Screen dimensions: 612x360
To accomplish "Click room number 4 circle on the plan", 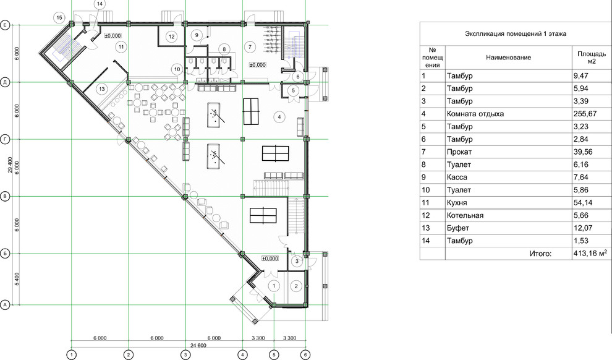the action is point(279,116).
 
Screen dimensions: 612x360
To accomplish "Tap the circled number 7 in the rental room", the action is point(250,47).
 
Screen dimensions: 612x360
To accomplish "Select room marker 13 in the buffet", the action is point(102,89).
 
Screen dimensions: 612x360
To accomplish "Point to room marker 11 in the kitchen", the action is point(121,47).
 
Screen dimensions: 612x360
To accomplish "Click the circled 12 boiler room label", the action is point(172,36).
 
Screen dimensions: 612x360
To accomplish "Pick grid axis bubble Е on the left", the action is point(5,25).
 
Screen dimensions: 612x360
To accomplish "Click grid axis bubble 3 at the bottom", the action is point(185,354).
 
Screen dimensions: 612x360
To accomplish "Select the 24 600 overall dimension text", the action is point(198,345).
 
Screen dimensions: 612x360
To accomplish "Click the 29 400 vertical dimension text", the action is point(10,165).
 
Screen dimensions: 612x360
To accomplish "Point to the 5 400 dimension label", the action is point(17,279).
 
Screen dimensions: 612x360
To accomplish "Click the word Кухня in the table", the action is point(457,203).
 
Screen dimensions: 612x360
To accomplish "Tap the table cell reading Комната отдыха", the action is point(475,114).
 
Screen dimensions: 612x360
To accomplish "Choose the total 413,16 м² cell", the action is point(590,254).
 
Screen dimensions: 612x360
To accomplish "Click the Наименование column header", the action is point(508,58).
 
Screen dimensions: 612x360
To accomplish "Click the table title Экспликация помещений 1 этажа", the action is point(515,33).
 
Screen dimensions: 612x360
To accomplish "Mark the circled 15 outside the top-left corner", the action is point(59,17).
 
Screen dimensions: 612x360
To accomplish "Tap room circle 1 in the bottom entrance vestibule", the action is point(274,286).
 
